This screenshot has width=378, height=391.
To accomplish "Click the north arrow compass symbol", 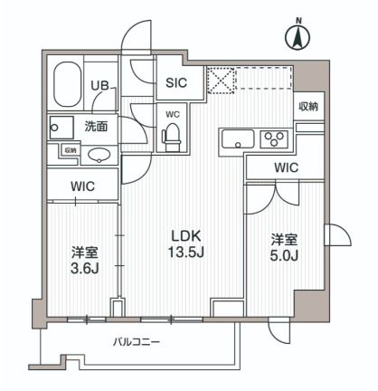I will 296,36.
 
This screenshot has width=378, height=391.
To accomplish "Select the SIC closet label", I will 176,82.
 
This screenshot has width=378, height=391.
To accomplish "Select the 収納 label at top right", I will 307,107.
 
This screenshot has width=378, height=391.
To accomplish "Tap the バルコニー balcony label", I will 137,342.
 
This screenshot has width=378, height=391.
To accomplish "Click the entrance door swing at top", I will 136,40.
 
